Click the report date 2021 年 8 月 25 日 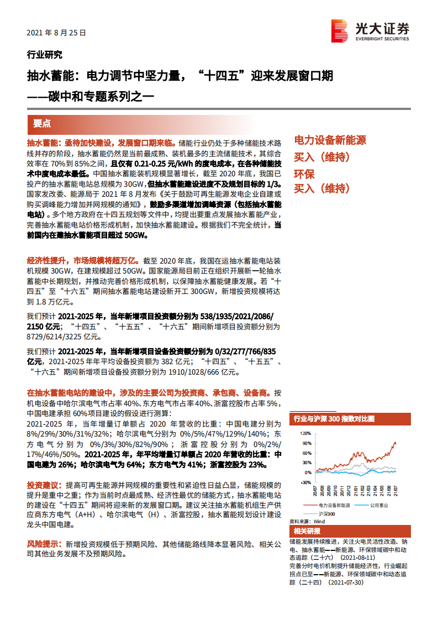point(56,33)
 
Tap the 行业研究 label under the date point(44,55)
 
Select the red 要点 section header point(42,123)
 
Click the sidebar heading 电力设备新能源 point(330,140)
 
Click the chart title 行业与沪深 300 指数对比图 point(335,419)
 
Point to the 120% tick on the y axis point(305,434)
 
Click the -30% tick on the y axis point(305,482)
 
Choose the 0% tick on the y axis point(308,472)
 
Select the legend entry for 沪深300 point(326,513)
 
